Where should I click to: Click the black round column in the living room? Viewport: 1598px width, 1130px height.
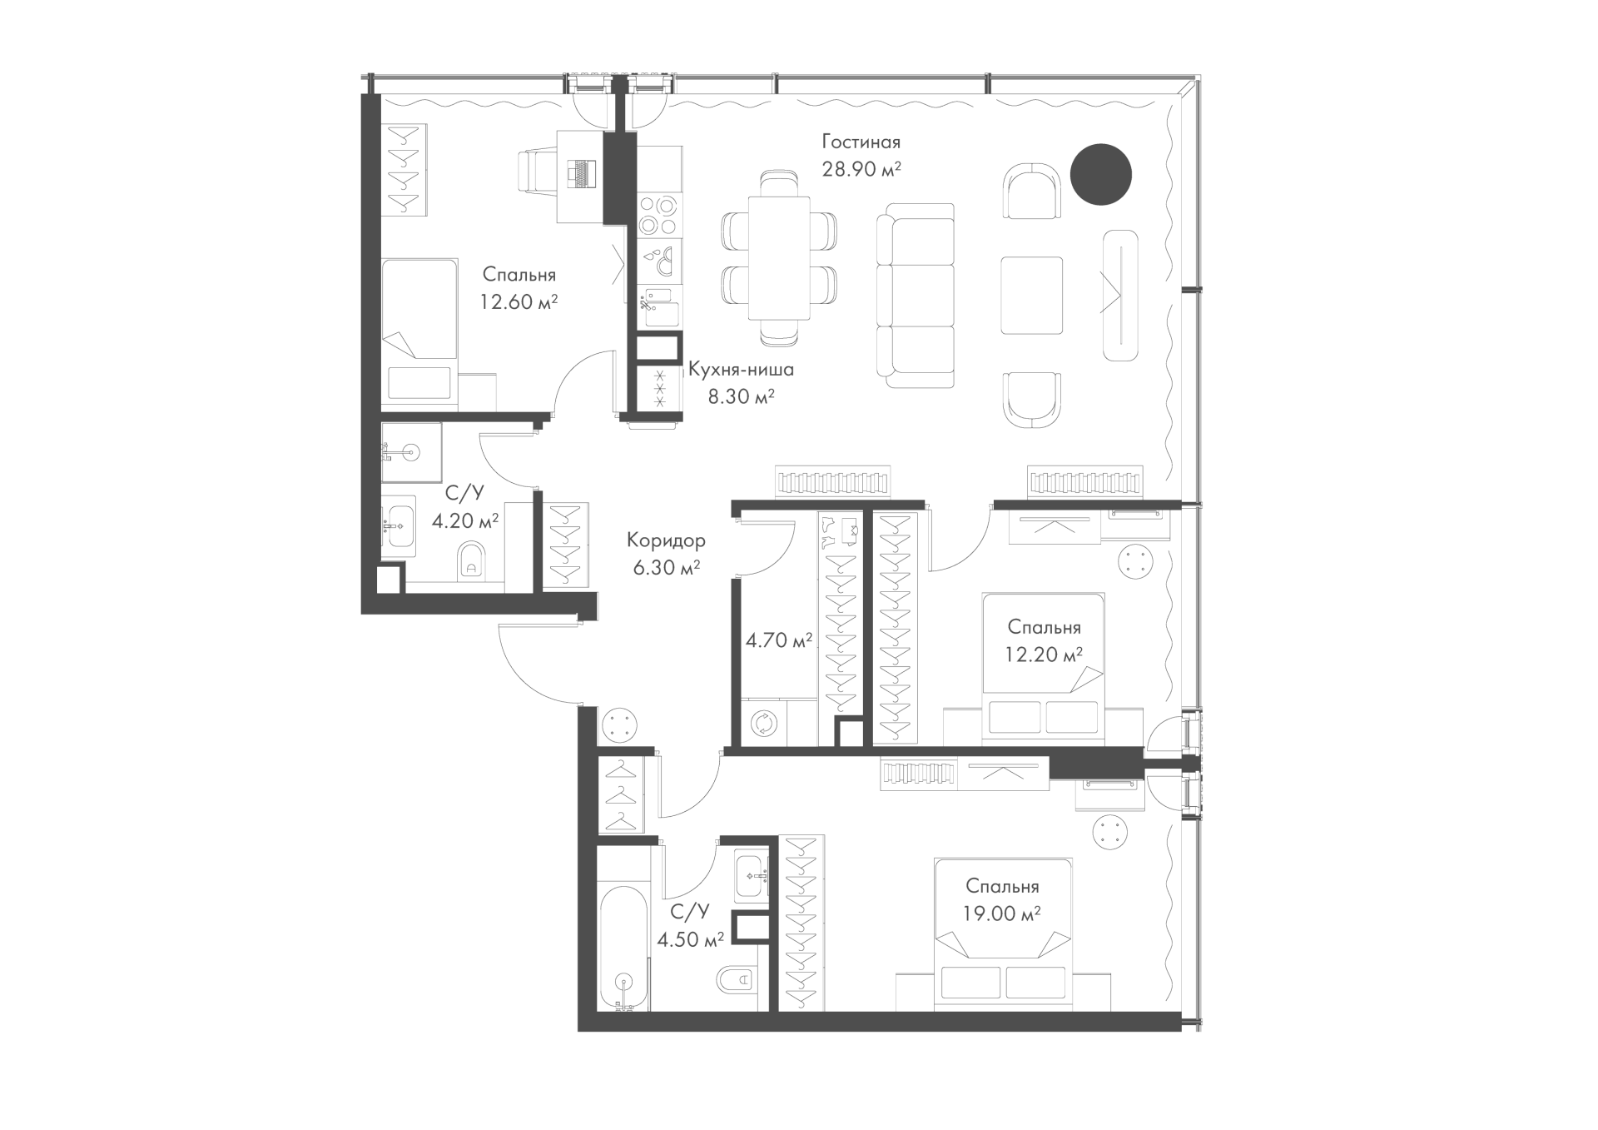tap(1100, 174)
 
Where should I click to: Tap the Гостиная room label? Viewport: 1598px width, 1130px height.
tap(861, 142)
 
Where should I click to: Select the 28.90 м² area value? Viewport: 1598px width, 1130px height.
tap(861, 170)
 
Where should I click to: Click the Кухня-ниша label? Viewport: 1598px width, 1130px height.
tap(741, 370)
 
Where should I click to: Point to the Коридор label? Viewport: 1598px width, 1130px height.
tap(666, 541)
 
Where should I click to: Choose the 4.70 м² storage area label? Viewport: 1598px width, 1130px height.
tap(779, 641)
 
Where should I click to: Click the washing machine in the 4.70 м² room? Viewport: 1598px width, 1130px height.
tap(762, 723)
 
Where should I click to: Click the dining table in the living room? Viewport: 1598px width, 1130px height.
tap(779, 257)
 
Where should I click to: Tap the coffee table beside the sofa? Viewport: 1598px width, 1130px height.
tap(1032, 295)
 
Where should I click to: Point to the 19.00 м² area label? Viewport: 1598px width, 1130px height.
tap(1003, 914)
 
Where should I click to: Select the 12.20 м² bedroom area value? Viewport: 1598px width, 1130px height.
tap(1045, 655)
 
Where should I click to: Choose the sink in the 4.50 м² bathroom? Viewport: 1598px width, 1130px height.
tap(756, 876)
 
